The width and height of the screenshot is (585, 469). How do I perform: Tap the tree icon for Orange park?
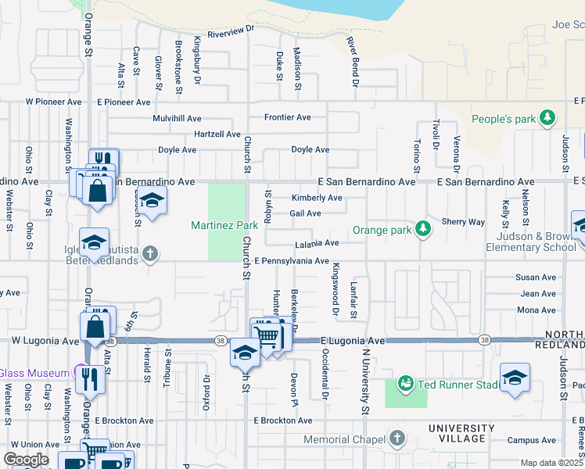click(423, 228)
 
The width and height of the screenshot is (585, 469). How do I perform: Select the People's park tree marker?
click(548, 118)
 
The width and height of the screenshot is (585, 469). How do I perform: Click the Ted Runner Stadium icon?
click(406, 383)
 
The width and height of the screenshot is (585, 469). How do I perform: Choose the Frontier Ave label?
click(287, 117)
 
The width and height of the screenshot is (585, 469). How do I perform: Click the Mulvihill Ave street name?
click(178, 118)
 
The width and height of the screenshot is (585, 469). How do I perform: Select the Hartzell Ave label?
click(217, 134)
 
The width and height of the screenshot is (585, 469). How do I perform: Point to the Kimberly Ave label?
click(317, 198)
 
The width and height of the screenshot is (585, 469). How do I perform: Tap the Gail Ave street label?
click(305, 213)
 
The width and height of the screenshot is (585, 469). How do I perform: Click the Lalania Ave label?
click(316, 243)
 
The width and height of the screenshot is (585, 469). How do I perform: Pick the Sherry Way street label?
click(463, 222)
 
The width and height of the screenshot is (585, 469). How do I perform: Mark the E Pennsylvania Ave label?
click(291, 260)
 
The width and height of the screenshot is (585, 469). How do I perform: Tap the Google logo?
click(26, 460)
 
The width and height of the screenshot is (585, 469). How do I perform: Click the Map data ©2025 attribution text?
click(551, 463)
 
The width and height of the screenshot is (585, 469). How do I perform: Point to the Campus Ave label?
click(531, 440)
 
